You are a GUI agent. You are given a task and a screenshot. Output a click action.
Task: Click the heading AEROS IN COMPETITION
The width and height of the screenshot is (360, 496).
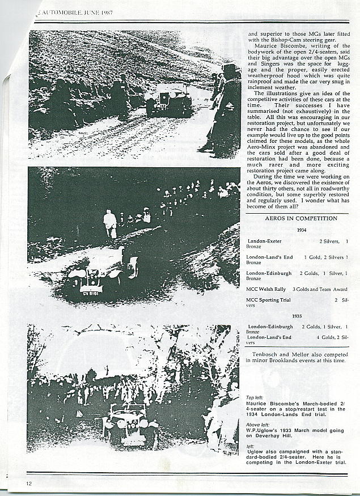point(301,218)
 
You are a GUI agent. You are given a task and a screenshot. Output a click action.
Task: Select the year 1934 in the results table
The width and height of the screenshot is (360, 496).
point(301,231)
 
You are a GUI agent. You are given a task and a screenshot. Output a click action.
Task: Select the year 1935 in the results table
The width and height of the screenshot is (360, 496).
point(297,316)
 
